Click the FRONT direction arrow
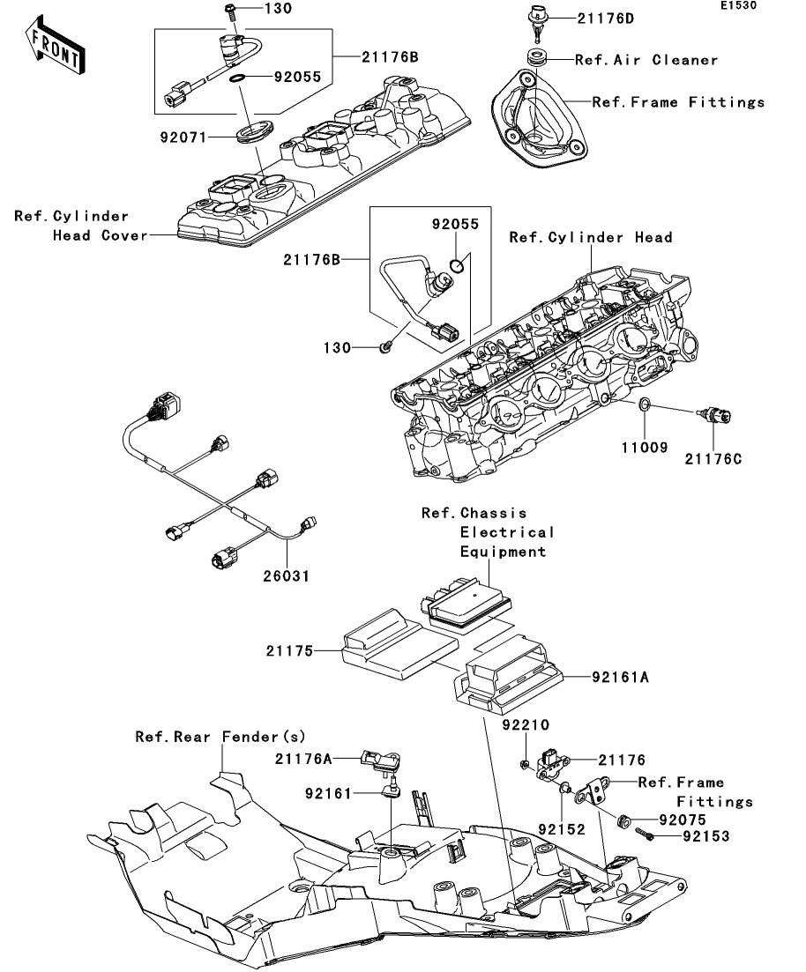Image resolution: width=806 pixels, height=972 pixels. (55, 48)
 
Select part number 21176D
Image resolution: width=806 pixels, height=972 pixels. (607, 18)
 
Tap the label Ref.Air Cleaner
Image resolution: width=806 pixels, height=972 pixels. (646, 60)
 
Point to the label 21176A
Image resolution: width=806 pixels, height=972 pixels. (303, 757)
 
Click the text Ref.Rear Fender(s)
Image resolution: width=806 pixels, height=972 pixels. (220, 736)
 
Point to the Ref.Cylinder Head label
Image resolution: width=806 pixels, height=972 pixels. (590, 237)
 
